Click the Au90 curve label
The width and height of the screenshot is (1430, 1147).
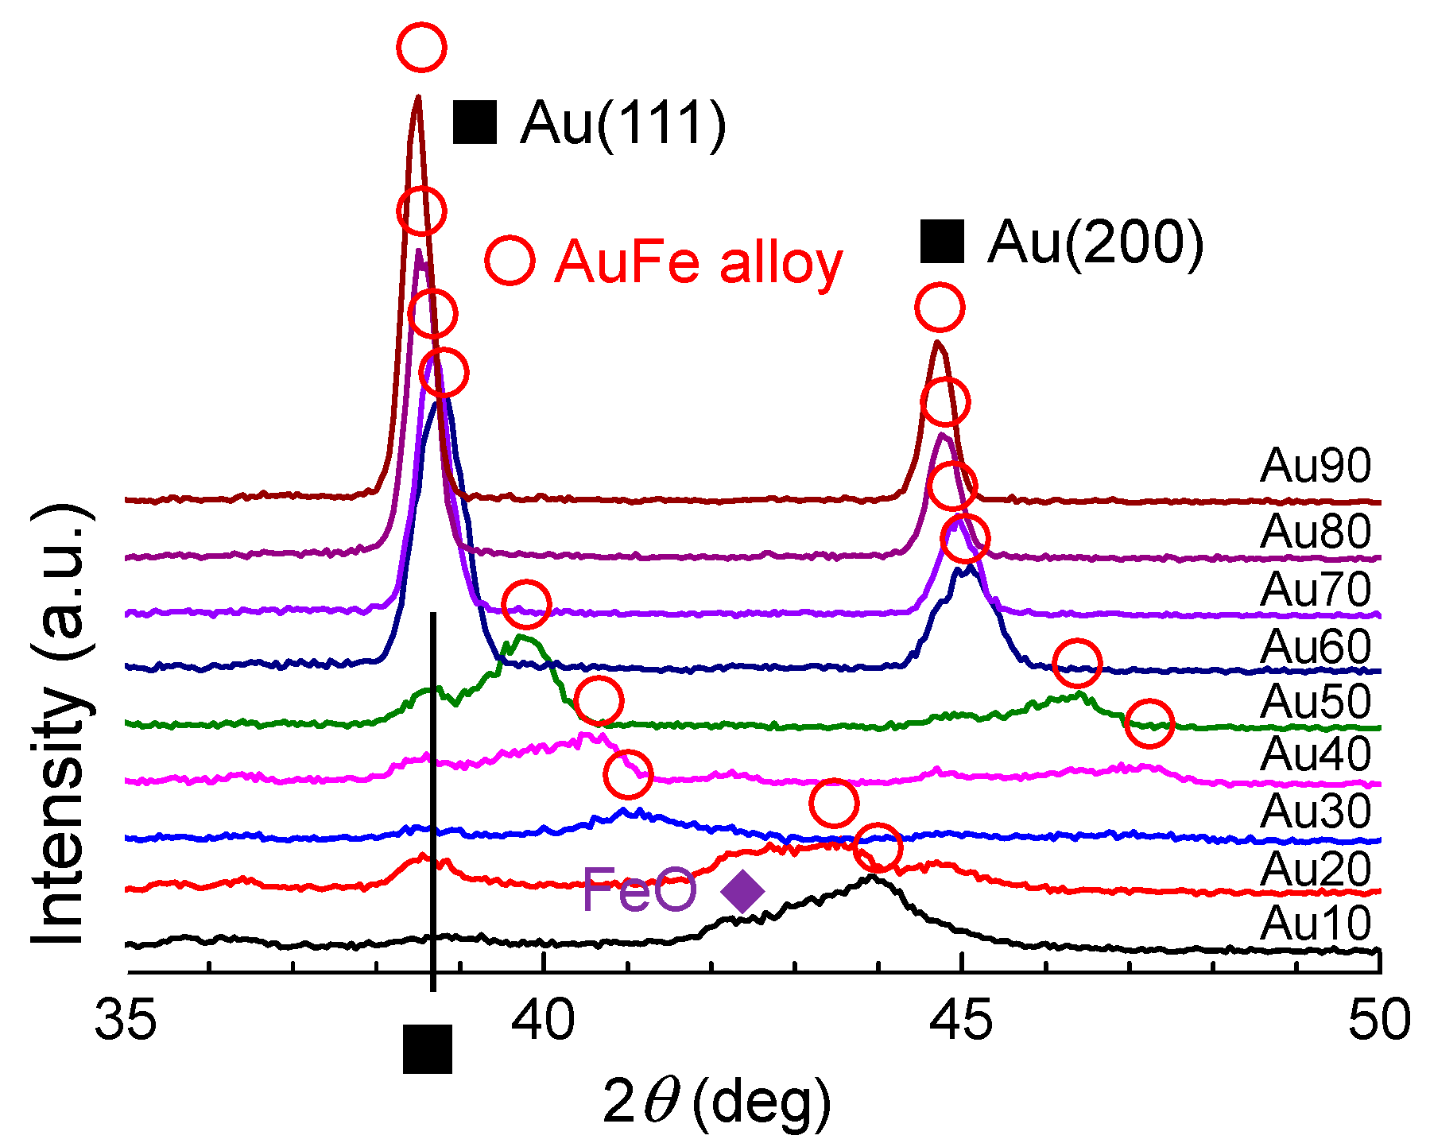pos(1316,466)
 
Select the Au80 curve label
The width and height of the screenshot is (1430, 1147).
pos(1316,531)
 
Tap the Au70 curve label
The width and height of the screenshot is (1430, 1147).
pos(1316,589)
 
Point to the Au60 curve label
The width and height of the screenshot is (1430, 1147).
pos(1316,646)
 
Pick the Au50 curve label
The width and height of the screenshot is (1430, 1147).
pos(1316,701)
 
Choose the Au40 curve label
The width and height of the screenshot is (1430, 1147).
pos(1316,754)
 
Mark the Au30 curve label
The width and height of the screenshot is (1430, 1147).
pos(1316,811)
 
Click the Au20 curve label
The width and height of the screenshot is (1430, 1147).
pos(1316,868)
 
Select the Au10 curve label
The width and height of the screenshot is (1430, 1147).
pos(1316,924)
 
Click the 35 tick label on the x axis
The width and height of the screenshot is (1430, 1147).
pos(126,1020)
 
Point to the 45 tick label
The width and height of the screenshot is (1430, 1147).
pos(962,1020)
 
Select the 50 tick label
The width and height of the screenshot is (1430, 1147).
pos(1379,1020)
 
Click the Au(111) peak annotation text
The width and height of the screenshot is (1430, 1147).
pos(623,123)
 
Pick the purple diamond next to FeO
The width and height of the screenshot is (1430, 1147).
pos(742,891)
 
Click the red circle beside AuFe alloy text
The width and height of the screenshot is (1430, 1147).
pos(509,260)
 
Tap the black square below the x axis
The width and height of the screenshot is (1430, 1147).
pos(428,1048)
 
